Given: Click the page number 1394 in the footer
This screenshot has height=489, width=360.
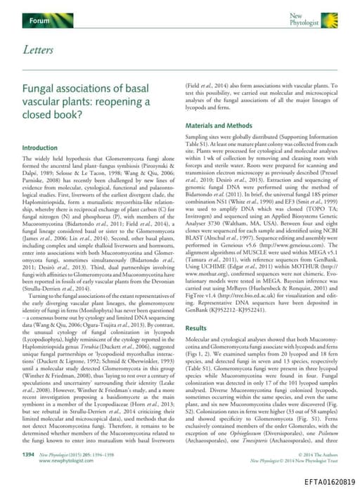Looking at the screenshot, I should click(x=29, y=455).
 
